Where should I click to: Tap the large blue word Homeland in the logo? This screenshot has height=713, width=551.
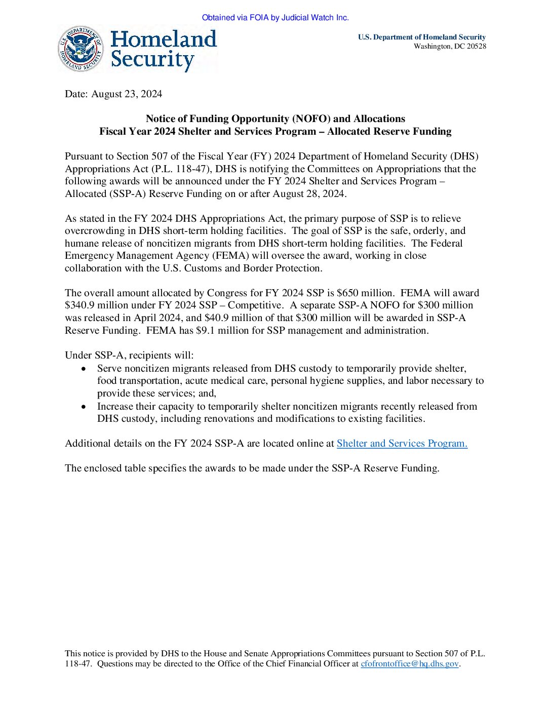click(x=163, y=39)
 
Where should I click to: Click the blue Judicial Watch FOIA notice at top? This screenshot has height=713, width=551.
click(x=275, y=18)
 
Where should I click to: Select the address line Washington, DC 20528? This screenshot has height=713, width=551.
click(x=450, y=47)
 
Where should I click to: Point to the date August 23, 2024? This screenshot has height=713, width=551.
click(x=127, y=94)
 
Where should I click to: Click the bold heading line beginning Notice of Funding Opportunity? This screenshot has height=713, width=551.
click(x=275, y=118)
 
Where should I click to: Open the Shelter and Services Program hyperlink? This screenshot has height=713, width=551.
click(x=402, y=443)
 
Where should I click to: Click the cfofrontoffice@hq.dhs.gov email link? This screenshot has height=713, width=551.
click(x=409, y=663)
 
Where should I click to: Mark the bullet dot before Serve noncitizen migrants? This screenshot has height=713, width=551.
click(x=84, y=369)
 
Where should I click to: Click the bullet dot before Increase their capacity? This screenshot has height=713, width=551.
click(x=84, y=407)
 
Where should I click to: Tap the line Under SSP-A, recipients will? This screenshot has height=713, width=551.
click(x=129, y=355)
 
